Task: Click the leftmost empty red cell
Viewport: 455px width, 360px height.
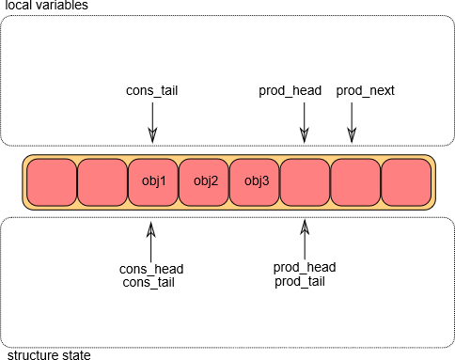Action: coord(52,182)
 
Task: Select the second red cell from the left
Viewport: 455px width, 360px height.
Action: coord(102,182)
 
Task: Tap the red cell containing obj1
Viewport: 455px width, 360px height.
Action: coord(153,182)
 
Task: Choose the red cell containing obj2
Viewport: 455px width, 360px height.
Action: coord(204,182)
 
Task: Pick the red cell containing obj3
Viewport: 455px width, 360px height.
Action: coord(255,182)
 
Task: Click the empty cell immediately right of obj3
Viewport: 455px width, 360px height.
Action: coord(306,182)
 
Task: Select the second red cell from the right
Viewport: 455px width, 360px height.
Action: coord(356,182)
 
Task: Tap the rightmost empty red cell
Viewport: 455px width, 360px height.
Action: coord(406,182)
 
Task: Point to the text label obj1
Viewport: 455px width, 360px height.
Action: coord(153,180)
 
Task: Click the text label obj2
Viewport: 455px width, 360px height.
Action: coord(205,180)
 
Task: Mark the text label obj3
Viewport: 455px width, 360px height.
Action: coord(256,180)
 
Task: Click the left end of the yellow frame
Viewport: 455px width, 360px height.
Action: coord(24,182)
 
